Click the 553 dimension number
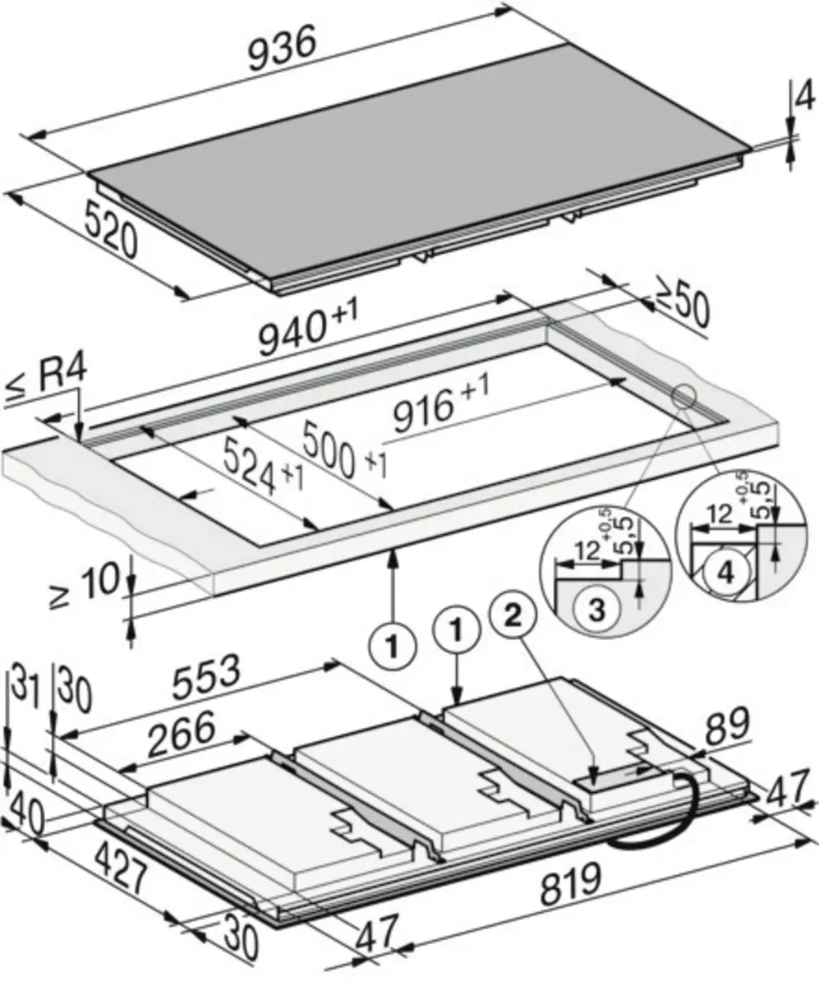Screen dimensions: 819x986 (x=206, y=678)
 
